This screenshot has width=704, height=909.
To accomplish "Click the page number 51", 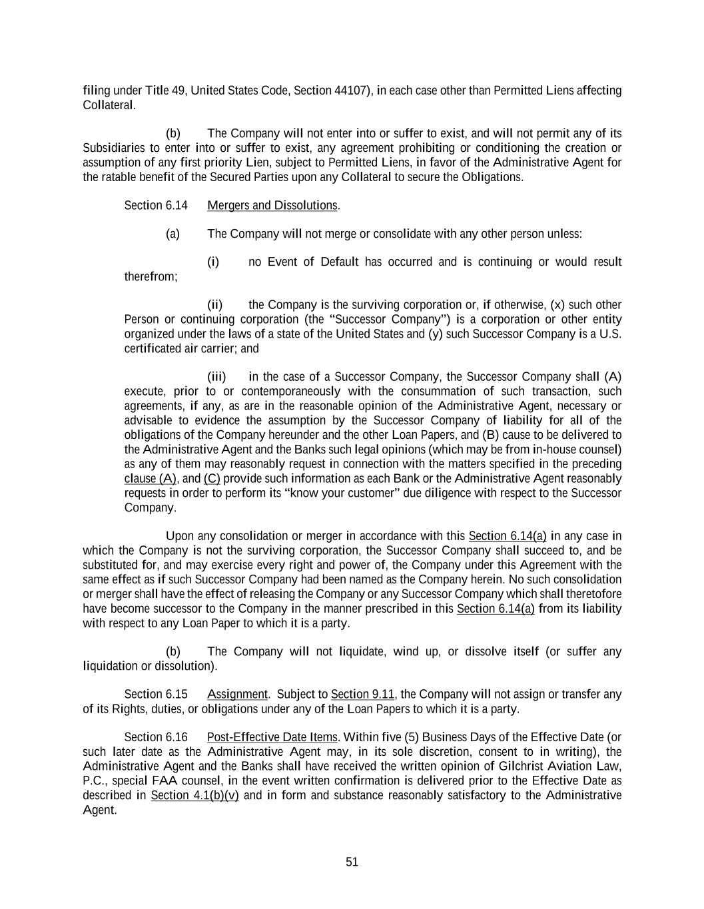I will tap(352, 862).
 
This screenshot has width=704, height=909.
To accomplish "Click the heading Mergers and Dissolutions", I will tap(272, 205).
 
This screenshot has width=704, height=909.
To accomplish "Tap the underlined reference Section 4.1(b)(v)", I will tap(194, 795).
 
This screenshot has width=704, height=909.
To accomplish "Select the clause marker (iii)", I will tap(216, 377).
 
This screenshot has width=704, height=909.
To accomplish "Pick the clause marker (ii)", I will tap(214, 305).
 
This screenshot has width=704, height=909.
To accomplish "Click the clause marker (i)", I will tap(212, 262).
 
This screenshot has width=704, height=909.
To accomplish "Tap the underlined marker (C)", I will tap(212, 479).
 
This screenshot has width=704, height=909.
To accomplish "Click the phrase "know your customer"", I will tap(322, 493).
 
